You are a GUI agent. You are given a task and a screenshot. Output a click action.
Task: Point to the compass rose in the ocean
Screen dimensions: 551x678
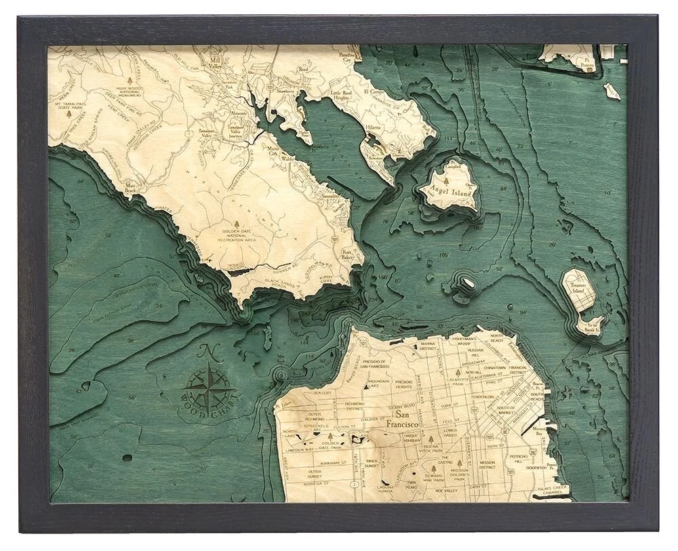[209, 388]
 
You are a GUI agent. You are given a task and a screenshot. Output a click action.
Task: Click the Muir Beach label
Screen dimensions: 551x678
[132, 190]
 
